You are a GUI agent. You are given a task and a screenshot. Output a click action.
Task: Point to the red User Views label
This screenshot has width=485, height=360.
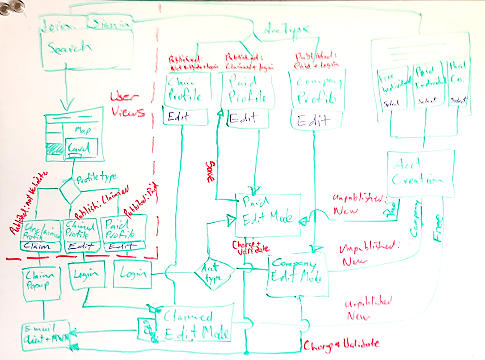click(128, 105)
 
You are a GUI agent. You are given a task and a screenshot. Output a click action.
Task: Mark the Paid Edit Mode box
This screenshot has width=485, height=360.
click(267, 214)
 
